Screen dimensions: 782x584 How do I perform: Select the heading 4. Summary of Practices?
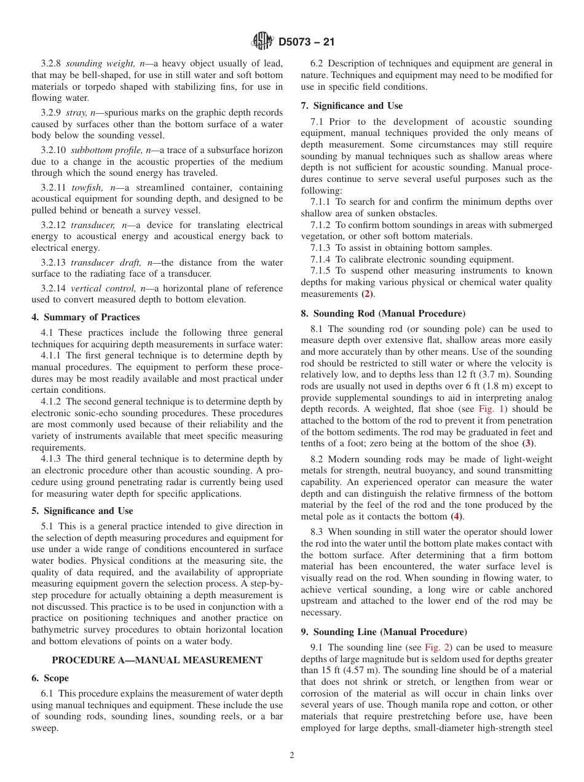pyautogui.click(x=85, y=317)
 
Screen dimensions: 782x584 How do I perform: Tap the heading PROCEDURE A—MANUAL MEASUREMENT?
pyautogui.click(x=157, y=660)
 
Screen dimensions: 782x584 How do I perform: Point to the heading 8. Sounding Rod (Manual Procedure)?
pyautogui.click(x=383, y=314)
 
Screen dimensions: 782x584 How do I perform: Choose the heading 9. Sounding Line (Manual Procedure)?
pyautogui.click(x=384, y=632)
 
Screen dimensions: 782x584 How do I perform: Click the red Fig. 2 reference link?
pyautogui.click(x=437, y=648)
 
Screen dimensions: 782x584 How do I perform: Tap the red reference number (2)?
pyautogui.click(x=367, y=294)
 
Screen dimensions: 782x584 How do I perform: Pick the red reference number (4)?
pyautogui.click(x=456, y=516)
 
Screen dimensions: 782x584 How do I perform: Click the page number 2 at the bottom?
pyautogui.click(x=292, y=756)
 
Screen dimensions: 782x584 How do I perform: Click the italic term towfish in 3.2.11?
pyautogui.click(x=87, y=188)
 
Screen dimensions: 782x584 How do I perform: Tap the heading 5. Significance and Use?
pyautogui.click(x=82, y=511)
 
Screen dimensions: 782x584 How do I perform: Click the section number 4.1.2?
pyautogui.click(x=51, y=401)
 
